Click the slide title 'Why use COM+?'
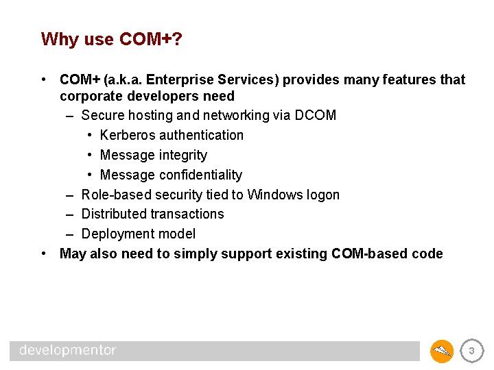[x=112, y=39]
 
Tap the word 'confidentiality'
[x=200, y=175]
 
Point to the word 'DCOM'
[x=315, y=115]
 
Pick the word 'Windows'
[x=274, y=195]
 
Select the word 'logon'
[x=322, y=195]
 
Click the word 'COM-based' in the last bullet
[x=368, y=254]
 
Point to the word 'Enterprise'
[x=185, y=79]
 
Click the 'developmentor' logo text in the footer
[x=68, y=351]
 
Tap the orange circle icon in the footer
[x=442, y=351]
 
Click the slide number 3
[x=471, y=351]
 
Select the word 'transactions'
[x=187, y=214]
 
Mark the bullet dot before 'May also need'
[x=44, y=254]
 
